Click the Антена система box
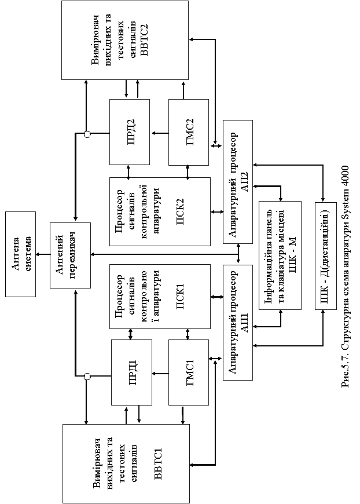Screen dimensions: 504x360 20,253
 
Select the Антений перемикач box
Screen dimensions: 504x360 70,254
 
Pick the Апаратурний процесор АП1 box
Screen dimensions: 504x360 238,322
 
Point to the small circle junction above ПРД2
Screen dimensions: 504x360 87,134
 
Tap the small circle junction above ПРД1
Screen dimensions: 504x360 87,377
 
